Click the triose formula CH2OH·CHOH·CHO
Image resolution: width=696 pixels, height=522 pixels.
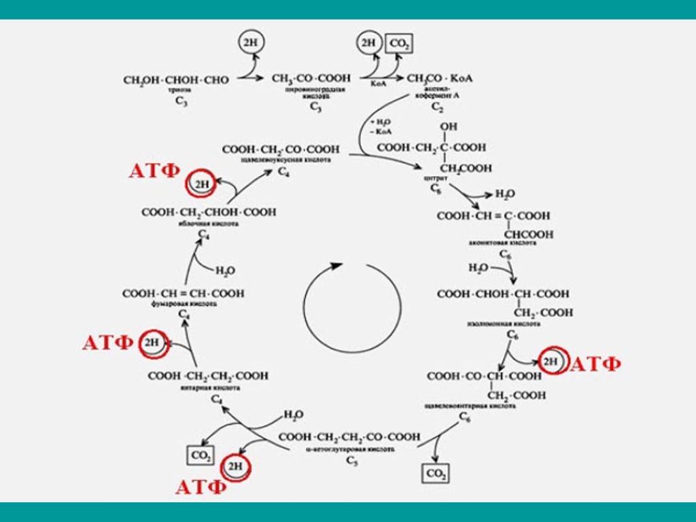pyautogui.click(x=176, y=80)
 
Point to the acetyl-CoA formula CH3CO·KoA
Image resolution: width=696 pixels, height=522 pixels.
pyautogui.click(x=440, y=79)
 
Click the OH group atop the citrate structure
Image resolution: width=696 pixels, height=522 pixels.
pyautogui.click(x=449, y=126)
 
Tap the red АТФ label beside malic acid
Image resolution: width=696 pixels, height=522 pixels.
pyautogui.click(x=154, y=171)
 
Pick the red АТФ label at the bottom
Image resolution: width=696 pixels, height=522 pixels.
pyautogui.click(x=201, y=487)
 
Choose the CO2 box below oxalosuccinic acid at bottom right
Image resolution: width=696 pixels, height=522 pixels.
pyautogui.click(x=435, y=473)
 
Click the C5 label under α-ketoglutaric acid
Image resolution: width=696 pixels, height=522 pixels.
pyautogui.click(x=351, y=462)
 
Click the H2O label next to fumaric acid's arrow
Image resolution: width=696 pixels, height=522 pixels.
pyautogui.click(x=225, y=271)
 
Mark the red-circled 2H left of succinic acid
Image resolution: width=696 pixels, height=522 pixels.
pyautogui.click(x=152, y=343)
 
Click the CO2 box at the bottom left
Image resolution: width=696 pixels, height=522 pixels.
pyautogui.click(x=201, y=455)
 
